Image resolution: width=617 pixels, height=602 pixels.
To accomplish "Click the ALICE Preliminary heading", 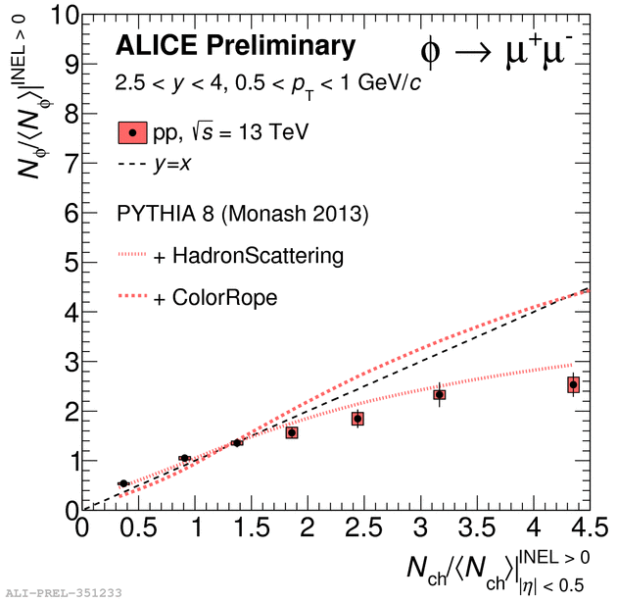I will [x=235, y=45].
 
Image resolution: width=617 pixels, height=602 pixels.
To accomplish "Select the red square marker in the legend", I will [x=133, y=132].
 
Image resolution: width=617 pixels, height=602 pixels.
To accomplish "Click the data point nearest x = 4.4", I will [x=573, y=385].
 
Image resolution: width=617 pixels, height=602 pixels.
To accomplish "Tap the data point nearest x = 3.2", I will [x=440, y=395].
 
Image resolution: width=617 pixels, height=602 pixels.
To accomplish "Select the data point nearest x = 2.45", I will [x=358, y=419].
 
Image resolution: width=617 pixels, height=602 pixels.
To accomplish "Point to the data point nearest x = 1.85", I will [x=291, y=432].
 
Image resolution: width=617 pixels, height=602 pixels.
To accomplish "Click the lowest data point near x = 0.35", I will [x=123, y=483].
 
